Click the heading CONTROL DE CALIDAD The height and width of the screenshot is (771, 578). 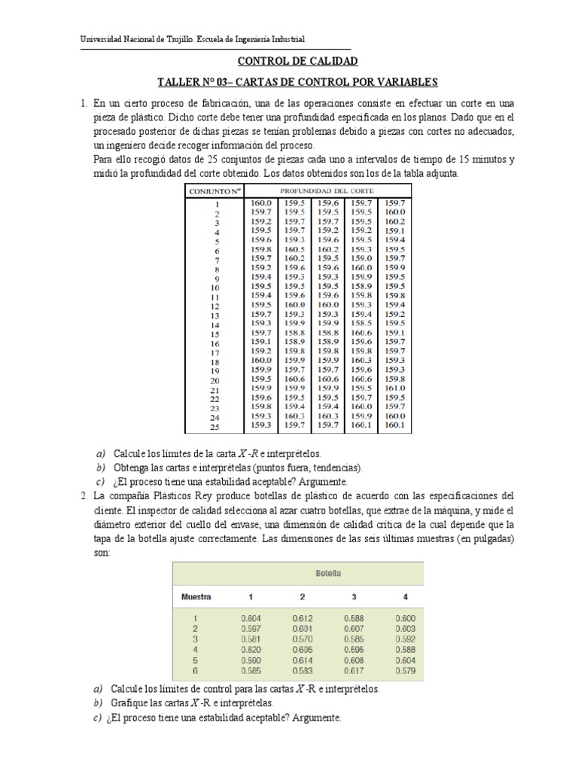click(x=297, y=62)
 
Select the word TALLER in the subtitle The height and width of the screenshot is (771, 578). click(x=178, y=81)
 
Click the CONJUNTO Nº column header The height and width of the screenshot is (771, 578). click(x=214, y=191)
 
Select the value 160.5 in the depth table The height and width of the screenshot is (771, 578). click(x=294, y=248)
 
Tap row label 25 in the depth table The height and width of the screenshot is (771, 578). click(x=214, y=427)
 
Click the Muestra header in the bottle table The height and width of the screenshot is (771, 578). click(x=196, y=597)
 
